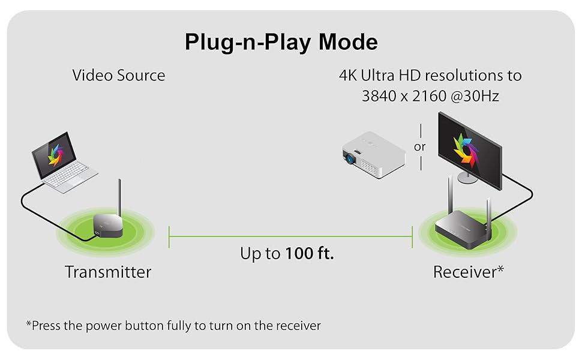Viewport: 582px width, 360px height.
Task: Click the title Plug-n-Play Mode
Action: pos(281,42)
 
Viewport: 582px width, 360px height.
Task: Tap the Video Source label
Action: pos(118,76)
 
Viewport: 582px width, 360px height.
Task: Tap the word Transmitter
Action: pos(108,272)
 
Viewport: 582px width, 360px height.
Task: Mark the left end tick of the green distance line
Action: pos(170,236)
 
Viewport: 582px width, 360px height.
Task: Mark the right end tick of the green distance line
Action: pos(413,236)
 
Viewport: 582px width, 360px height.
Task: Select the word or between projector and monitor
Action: pos(420,146)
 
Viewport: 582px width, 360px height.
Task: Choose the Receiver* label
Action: pos(468,272)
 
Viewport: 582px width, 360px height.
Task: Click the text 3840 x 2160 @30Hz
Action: pos(430,95)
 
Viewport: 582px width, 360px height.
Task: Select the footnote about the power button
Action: pos(173,326)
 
